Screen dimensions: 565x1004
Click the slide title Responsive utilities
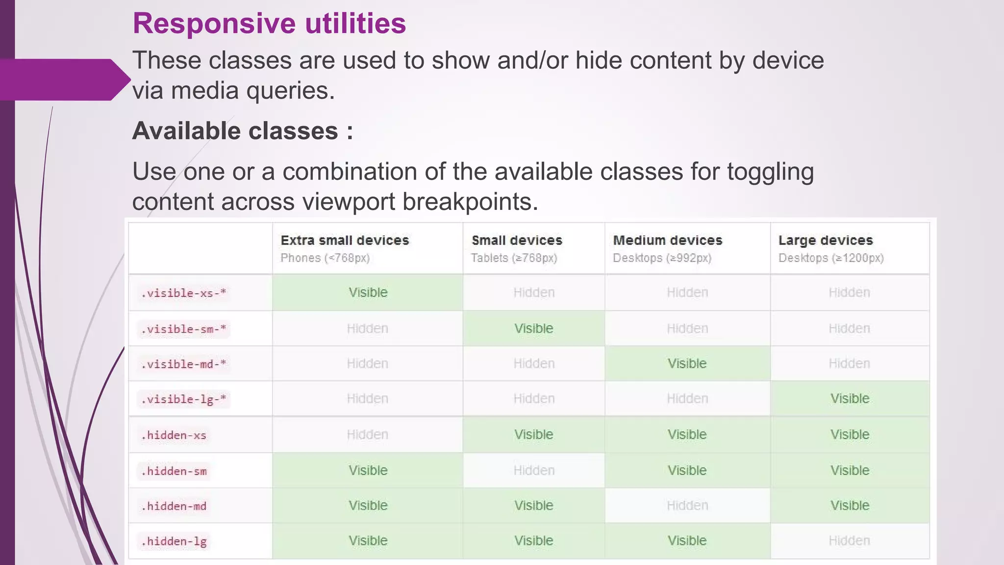coord(269,24)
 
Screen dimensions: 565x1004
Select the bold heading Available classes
coord(242,131)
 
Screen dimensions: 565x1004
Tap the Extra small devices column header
coord(345,240)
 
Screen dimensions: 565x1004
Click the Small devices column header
coord(517,240)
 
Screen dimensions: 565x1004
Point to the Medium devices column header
coord(668,240)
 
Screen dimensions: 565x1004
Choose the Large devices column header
coord(826,240)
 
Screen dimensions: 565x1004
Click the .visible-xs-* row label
coord(183,293)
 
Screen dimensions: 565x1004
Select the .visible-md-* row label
coord(183,364)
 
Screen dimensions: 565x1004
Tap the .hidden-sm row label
coord(174,471)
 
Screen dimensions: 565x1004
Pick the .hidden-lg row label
coord(174,541)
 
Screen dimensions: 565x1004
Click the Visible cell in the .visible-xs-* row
coord(368,293)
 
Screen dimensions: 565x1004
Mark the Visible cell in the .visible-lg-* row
coord(850,399)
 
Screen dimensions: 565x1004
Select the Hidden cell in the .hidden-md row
coord(687,506)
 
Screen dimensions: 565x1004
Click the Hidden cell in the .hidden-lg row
coord(849,541)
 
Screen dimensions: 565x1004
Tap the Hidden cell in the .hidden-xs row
coord(367,435)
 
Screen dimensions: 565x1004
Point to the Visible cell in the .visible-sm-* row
coord(533,329)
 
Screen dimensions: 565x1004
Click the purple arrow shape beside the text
coord(64,79)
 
